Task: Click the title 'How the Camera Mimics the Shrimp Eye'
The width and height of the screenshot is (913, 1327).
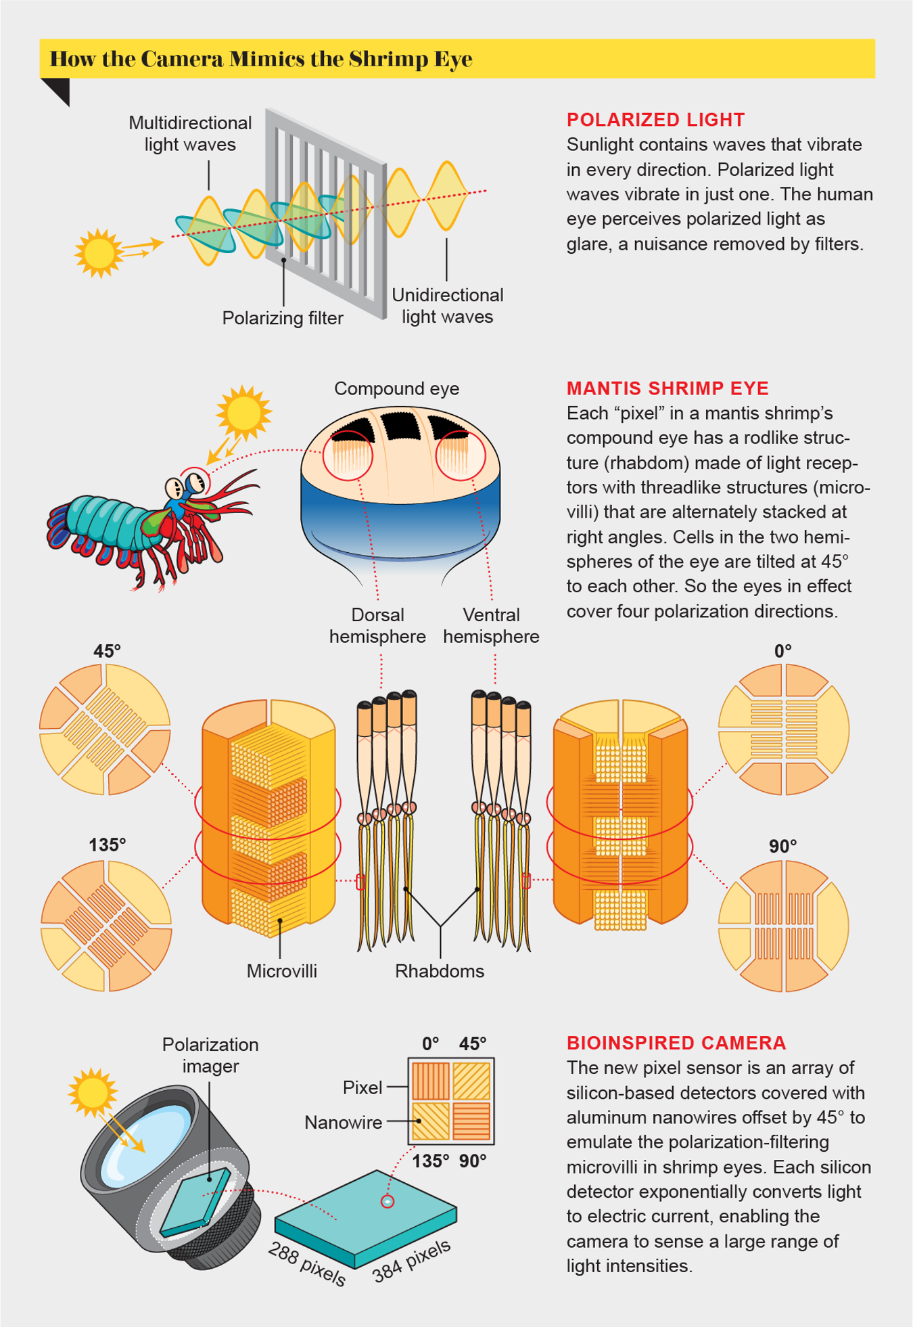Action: pyautogui.click(x=261, y=59)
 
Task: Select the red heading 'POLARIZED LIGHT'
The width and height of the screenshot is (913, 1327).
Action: pyautogui.click(x=655, y=120)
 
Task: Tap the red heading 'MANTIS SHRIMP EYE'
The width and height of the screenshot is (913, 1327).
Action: pyautogui.click(x=668, y=388)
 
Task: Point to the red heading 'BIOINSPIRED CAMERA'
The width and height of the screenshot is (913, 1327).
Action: pyautogui.click(x=676, y=1043)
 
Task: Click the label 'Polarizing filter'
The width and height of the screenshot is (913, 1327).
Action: pyautogui.click(x=283, y=318)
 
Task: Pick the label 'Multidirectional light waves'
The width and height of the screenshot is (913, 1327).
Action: pyautogui.click(x=190, y=133)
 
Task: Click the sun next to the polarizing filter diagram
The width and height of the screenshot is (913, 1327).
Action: pyautogui.click(x=99, y=253)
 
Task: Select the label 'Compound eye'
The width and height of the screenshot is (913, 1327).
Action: pyautogui.click(x=397, y=388)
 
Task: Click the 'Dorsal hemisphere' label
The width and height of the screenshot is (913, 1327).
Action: pyautogui.click(x=377, y=625)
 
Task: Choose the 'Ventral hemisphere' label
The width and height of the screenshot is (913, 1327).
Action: pyautogui.click(x=491, y=625)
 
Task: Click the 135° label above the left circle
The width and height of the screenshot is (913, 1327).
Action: pyautogui.click(x=107, y=845)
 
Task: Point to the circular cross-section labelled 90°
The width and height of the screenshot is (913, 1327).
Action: pyautogui.click(x=783, y=926)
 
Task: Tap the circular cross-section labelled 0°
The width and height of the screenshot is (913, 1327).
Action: pyautogui.click(x=783, y=729)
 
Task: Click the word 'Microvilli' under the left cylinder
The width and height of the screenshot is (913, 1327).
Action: pyautogui.click(x=281, y=971)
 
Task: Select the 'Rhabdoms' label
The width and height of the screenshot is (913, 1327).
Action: pyautogui.click(x=440, y=971)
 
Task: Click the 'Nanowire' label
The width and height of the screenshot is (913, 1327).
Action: pyautogui.click(x=343, y=1123)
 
